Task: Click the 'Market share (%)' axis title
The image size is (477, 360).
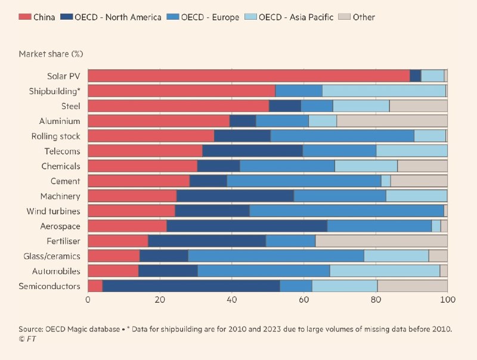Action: (x=51, y=54)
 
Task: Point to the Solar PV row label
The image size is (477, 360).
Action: (x=65, y=76)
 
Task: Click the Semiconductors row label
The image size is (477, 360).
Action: (x=49, y=286)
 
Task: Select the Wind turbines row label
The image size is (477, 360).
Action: (x=53, y=211)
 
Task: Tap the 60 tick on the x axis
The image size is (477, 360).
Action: (x=303, y=300)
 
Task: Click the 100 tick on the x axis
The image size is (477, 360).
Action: (x=447, y=300)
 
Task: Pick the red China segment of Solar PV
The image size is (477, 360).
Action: (x=249, y=76)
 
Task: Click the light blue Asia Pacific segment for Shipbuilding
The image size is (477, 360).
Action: (x=384, y=91)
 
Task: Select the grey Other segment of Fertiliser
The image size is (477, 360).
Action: (x=382, y=241)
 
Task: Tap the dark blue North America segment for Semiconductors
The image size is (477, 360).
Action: (x=191, y=286)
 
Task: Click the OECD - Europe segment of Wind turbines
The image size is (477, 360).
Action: (x=346, y=211)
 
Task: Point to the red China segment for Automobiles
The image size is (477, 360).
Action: (x=113, y=271)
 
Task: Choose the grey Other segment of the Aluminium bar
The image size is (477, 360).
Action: (x=392, y=121)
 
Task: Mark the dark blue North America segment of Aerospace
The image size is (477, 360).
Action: (x=247, y=226)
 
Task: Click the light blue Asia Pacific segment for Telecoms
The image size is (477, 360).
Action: (x=411, y=151)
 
